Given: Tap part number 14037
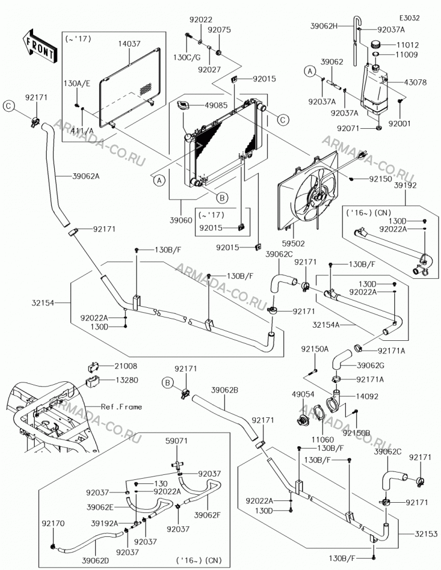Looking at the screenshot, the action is click(129, 44).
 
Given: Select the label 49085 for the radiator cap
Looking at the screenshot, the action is click(216, 105).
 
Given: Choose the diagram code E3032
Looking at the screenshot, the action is click(410, 18).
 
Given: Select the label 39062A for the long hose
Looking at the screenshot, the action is click(85, 176).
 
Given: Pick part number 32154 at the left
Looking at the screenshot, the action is click(43, 303).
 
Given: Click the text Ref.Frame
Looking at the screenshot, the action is click(121, 407).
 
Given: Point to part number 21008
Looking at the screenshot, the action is click(126, 366).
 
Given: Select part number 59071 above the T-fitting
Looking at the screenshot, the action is click(177, 441).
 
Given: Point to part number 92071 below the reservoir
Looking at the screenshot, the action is click(348, 128).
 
